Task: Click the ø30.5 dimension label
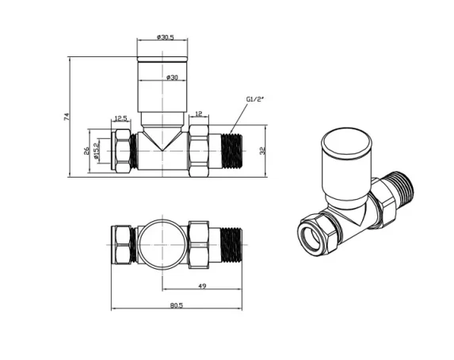tap(165, 37)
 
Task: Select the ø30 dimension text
tap(172, 77)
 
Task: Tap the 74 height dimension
tap(67, 117)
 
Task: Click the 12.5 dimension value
tap(121, 118)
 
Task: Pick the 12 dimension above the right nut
tap(198, 114)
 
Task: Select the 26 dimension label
tap(86, 150)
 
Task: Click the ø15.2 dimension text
tap(97, 150)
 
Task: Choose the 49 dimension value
tap(203, 286)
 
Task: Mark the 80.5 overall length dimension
tap(176, 306)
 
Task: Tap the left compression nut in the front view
tap(123, 149)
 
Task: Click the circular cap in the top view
tap(162, 242)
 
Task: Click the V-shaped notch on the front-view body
tap(162, 140)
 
